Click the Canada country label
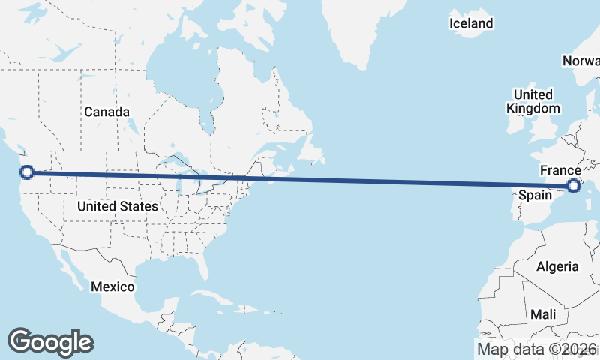(106, 112)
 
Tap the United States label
(118, 206)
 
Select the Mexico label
(112, 286)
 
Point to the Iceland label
(471, 23)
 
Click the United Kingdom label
(532, 101)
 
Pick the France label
(560, 170)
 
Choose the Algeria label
(557, 266)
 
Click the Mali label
(543, 313)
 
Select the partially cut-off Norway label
(581, 61)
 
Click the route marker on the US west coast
(27, 172)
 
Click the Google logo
(50, 341)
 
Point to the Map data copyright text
(537, 349)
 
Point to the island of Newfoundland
(316, 150)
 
